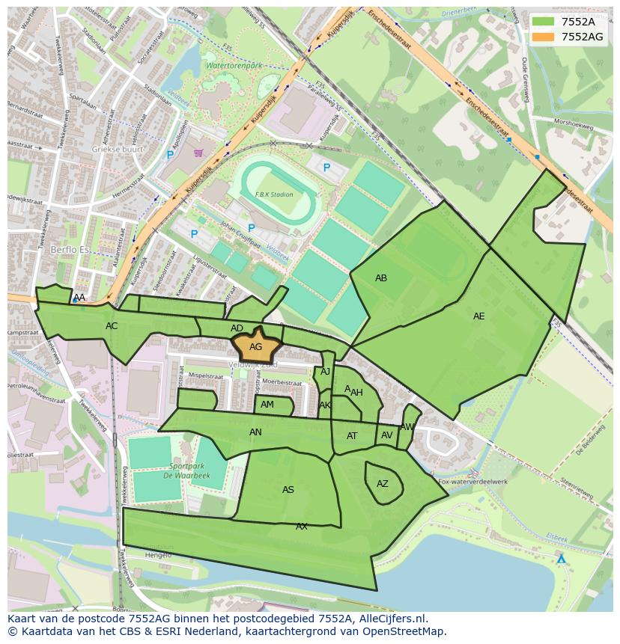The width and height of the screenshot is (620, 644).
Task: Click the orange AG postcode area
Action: point(255,346)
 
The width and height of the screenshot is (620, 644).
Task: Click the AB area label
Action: point(381,278)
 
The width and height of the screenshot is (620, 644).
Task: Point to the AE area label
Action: point(478,316)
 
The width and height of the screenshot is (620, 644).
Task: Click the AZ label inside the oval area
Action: point(383,484)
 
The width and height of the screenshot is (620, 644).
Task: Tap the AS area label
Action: point(288,490)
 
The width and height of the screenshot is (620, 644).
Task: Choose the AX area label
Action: point(302,527)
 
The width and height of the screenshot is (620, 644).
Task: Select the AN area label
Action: point(255,432)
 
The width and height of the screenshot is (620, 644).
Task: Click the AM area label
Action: point(267,405)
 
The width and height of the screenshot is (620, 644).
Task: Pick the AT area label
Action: point(352,436)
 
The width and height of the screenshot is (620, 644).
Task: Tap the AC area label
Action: point(112,326)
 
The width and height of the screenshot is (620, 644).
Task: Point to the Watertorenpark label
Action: point(234,66)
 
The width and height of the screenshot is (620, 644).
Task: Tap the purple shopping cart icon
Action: point(198,153)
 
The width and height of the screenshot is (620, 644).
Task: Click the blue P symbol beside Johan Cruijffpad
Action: point(251,228)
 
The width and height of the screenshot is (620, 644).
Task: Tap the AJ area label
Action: point(325,372)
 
